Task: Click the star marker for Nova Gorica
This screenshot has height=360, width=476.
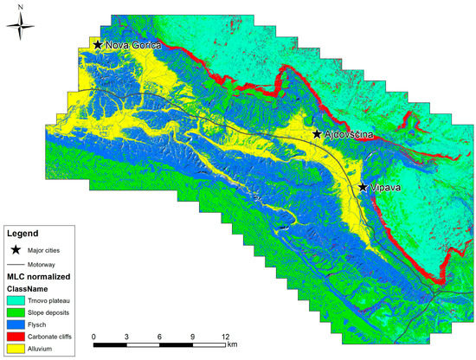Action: [x=98, y=44]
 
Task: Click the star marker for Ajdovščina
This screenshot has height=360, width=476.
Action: [x=318, y=134]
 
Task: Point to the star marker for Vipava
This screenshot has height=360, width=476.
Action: [x=363, y=187]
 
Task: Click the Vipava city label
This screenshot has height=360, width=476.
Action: [x=387, y=188]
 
